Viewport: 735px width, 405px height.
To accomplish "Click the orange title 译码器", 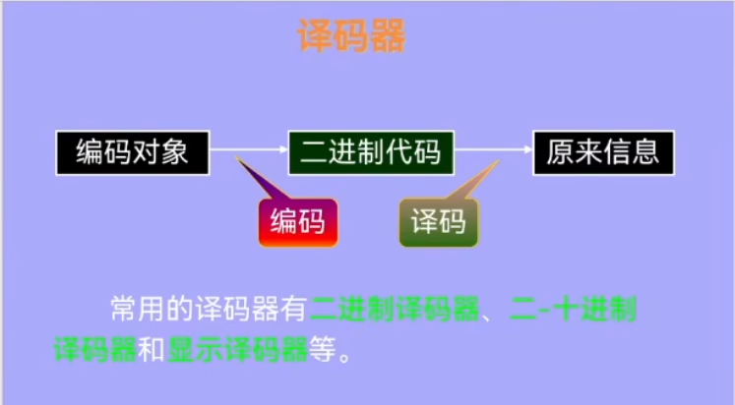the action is pyautogui.click(x=351, y=35).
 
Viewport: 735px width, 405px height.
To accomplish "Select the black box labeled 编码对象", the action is pyautogui.click(x=133, y=152).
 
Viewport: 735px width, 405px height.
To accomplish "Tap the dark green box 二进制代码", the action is pyautogui.click(x=371, y=152).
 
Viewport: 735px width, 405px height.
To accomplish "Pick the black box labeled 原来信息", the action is pyautogui.click(x=604, y=152).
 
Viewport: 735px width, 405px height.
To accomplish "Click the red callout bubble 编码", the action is pyautogui.click(x=298, y=222).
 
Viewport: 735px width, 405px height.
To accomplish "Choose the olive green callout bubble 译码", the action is pyautogui.click(x=439, y=222).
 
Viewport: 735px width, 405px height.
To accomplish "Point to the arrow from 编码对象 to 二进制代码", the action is pyautogui.click(x=249, y=149).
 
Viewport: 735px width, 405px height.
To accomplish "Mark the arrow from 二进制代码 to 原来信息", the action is pyautogui.click(x=494, y=149).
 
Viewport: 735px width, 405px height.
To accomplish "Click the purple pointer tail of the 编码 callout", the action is pyautogui.click(x=263, y=178).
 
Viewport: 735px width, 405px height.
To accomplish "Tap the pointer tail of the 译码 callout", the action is pyautogui.click(x=473, y=181).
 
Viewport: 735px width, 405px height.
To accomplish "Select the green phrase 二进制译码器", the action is pyautogui.click(x=395, y=309).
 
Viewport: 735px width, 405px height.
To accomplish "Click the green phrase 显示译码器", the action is pyautogui.click(x=237, y=349).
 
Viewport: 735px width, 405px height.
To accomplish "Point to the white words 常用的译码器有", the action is pyautogui.click(x=209, y=309).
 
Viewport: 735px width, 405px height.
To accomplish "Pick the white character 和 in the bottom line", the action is pyautogui.click(x=152, y=349).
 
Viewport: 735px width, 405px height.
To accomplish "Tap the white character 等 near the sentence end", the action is pyautogui.click(x=322, y=349).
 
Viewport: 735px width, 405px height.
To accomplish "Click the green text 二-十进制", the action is pyautogui.click(x=573, y=309).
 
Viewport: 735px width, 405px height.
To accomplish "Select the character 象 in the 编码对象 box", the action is pyautogui.click(x=174, y=152).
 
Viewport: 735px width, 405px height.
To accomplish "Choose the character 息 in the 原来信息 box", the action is pyautogui.click(x=645, y=152).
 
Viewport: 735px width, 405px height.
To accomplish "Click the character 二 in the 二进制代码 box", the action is pyautogui.click(x=314, y=152).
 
